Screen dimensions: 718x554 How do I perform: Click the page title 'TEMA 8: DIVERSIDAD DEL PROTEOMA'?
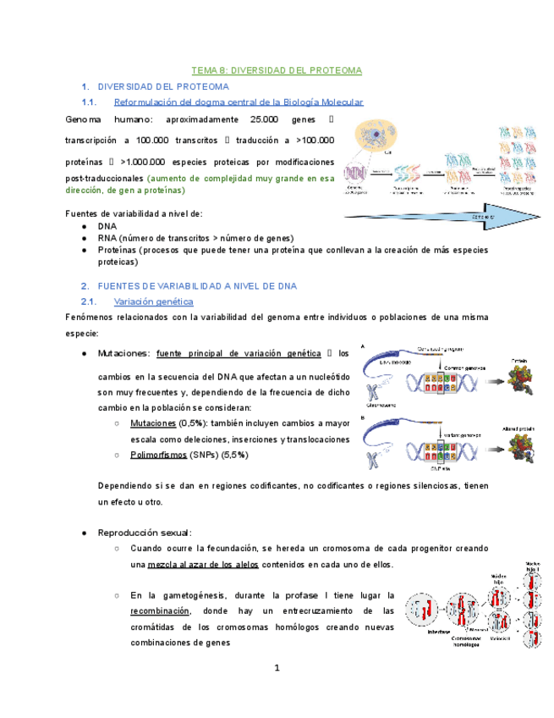click(277, 69)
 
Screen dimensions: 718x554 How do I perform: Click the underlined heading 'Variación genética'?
click(153, 301)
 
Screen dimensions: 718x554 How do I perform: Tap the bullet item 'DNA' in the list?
click(107, 227)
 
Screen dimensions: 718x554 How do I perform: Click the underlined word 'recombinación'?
click(161, 611)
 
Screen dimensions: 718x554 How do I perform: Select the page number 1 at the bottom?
click(277, 669)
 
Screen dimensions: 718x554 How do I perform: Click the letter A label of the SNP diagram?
click(364, 347)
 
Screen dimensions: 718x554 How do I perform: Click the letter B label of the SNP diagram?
click(364, 417)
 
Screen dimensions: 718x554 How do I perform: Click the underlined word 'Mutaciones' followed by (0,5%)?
click(153, 423)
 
